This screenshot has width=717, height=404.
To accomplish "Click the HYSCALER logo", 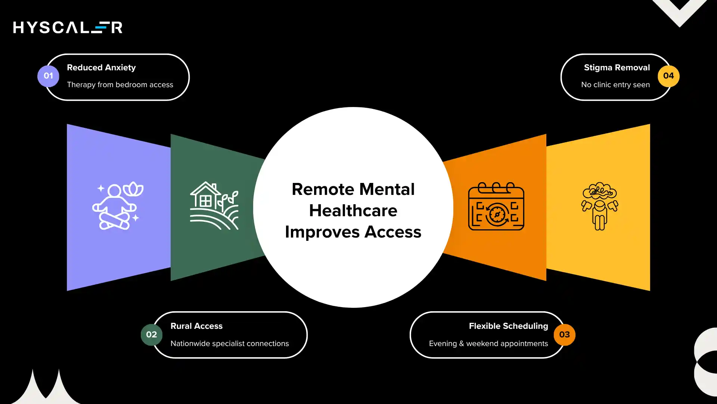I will [x=68, y=27].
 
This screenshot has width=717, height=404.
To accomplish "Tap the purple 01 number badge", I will [x=48, y=76].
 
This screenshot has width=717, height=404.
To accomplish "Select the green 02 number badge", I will [x=151, y=335].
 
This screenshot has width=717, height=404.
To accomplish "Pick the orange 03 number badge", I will [x=564, y=335].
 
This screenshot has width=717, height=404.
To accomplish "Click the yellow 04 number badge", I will [x=668, y=76].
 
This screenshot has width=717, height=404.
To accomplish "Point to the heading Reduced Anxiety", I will [x=101, y=68].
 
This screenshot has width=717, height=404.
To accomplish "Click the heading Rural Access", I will [x=196, y=326].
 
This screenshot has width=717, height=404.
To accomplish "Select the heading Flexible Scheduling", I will [x=508, y=326].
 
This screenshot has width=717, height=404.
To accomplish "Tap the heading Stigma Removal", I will [x=617, y=68].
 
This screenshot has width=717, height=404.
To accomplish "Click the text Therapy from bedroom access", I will [x=120, y=85].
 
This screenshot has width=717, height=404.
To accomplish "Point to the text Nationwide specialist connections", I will [x=230, y=344].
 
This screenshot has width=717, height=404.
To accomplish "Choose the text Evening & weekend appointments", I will [x=488, y=344].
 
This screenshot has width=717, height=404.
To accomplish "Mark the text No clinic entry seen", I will [x=615, y=85].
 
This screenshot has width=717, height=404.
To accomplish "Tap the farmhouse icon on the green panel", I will [x=214, y=206].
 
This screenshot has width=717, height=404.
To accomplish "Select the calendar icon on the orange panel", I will [x=496, y=206].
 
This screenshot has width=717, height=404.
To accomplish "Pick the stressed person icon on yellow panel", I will [x=600, y=206].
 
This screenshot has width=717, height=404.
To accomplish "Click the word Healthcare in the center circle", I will [x=353, y=211].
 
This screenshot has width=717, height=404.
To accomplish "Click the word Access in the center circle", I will [x=392, y=232].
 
